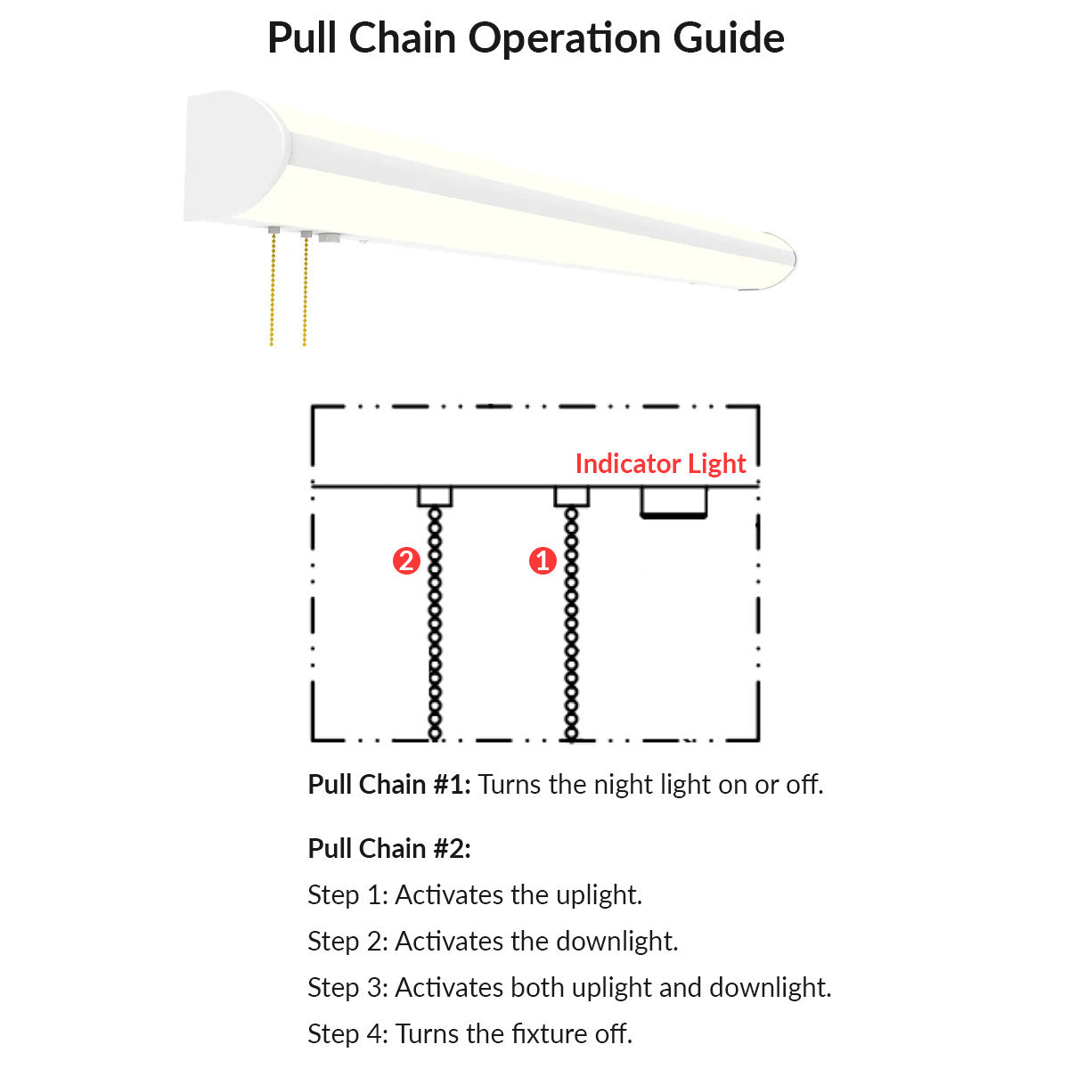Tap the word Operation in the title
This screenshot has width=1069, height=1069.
tap(565, 40)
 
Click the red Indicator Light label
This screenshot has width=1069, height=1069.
tap(660, 464)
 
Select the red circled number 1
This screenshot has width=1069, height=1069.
tap(542, 560)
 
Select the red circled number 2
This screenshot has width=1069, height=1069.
tap(406, 560)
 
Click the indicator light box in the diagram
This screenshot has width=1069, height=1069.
tap(673, 502)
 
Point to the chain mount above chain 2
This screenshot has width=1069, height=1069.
tap(435, 496)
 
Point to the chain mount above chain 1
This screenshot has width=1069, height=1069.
tap(571, 496)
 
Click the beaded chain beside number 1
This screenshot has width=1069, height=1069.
tap(571, 624)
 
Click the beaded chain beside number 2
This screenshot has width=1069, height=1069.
tap(435, 624)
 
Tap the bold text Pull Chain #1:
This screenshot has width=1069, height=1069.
tap(389, 785)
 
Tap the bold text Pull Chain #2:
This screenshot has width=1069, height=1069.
tap(389, 848)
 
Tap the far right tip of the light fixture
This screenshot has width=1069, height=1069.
tap(796, 259)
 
